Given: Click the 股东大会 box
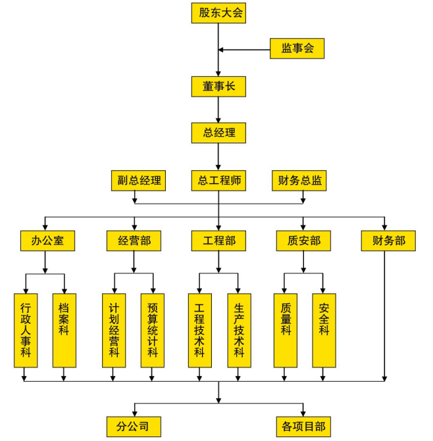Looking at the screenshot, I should [218, 13].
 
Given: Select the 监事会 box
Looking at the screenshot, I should [297, 49].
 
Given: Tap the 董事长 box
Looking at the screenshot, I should [218, 86].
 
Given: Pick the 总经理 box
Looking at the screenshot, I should [218, 133].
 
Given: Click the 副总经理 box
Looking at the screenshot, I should [138, 181].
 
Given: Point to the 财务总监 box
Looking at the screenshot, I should [299, 181].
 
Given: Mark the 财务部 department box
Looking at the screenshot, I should [383, 241].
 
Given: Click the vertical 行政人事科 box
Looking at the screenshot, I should [26, 330].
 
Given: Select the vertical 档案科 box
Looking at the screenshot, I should [64, 330].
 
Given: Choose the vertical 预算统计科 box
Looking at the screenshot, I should [152, 330].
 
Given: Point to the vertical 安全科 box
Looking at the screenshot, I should [324, 330].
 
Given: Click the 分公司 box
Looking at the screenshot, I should [134, 426].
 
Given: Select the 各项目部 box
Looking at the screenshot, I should [303, 426].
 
